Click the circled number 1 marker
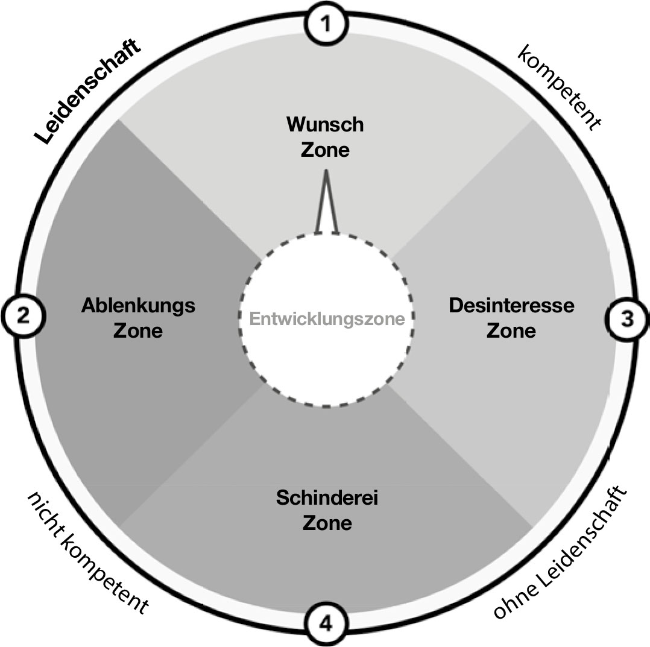(326, 25)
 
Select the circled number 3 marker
(627, 318)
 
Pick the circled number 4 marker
(326, 623)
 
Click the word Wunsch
(325, 125)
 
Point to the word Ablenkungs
(138, 306)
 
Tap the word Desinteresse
(511, 305)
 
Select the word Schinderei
(327, 499)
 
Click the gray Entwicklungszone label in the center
(327, 319)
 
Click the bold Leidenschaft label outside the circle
(88, 92)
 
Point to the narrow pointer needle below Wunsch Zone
(326, 202)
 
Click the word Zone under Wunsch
(325, 150)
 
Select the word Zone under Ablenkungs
(138, 330)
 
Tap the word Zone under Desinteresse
(511, 330)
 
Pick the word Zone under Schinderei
(327, 523)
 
